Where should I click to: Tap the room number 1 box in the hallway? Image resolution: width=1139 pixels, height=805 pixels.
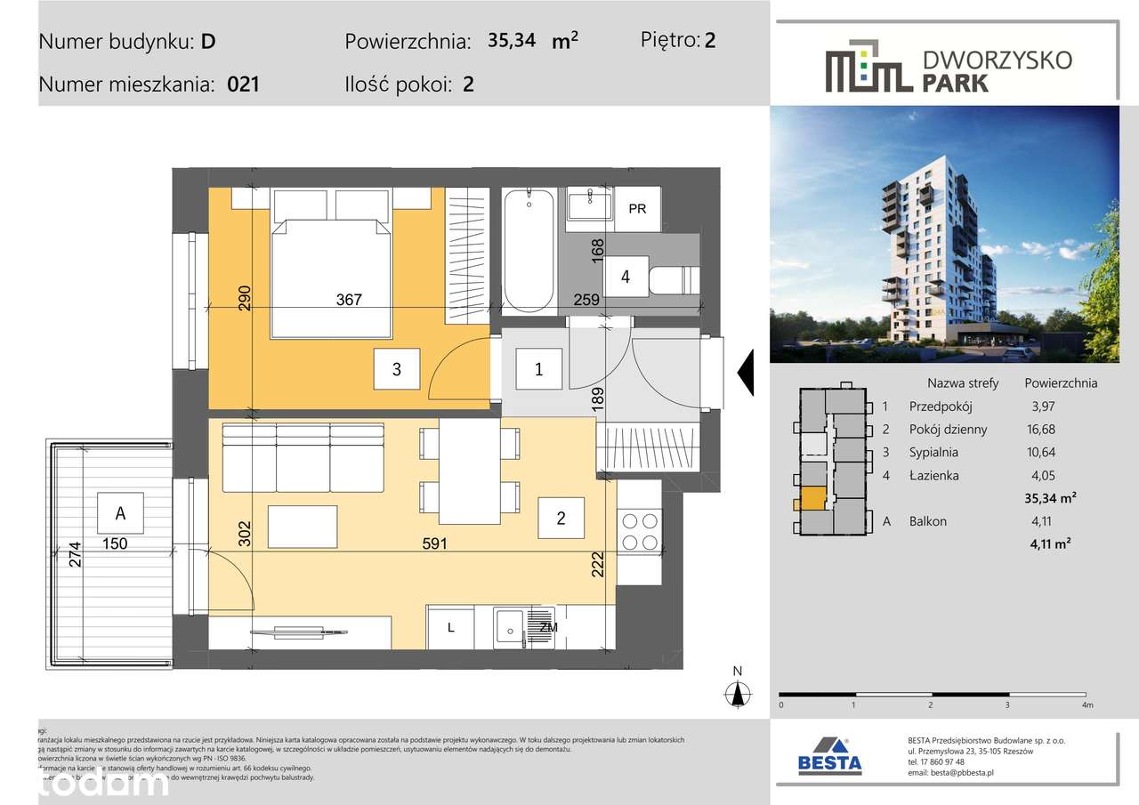pyautogui.click(x=538, y=369)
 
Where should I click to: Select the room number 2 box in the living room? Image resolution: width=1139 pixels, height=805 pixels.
pyautogui.click(x=561, y=518)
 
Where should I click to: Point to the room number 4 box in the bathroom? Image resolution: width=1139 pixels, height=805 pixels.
pyautogui.click(x=626, y=278)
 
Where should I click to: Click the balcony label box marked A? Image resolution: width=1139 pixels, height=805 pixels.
pyautogui.click(x=119, y=512)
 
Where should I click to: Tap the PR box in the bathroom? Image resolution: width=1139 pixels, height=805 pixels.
pyautogui.click(x=637, y=209)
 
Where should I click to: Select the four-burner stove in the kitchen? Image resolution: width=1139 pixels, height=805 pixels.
pyautogui.click(x=640, y=531)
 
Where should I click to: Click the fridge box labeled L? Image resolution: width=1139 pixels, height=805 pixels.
pyautogui.click(x=451, y=628)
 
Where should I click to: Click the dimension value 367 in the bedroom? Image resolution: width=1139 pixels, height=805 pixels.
pyautogui.click(x=349, y=300)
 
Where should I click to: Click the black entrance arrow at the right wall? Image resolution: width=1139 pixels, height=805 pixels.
pyautogui.click(x=747, y=373)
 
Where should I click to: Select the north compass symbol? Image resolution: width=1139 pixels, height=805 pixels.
pyautogui.click(x=738, y=691)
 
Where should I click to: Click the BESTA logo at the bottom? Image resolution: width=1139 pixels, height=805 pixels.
pyautogui.click(x=829, y=756)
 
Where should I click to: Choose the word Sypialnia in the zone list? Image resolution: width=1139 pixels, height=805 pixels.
pyautogui.click(x=934, y=453)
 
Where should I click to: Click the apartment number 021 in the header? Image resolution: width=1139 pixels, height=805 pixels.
pyautogui.click(x=243, y=85)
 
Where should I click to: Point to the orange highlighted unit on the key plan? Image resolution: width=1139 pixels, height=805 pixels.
pyautogui.click(x=812, y=498)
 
